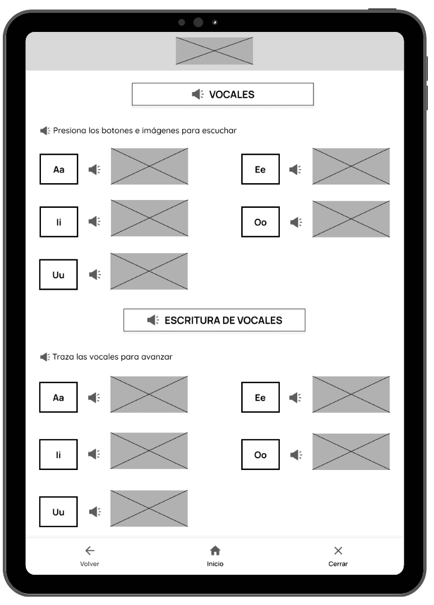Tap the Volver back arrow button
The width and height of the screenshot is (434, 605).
click(x=90, y=551)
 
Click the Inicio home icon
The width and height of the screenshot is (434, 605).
click(x=215, y=551)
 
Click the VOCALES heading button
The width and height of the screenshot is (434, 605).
click(x=223, y=94)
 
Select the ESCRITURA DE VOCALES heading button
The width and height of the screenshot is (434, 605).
click(x=214, y=320)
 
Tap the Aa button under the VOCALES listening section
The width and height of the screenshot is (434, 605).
click(x=59, y=169)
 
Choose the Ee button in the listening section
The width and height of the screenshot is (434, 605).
click(x=260, y=169)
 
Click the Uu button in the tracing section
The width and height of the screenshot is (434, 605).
click(x=58, y=511)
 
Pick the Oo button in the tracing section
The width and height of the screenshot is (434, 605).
click(x=260, y=454)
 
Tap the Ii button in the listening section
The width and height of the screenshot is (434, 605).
click(x=59, y=222)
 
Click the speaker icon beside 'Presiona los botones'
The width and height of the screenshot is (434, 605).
click(x=45, y=131)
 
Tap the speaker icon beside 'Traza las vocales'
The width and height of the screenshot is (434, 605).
click(x=45, y=357)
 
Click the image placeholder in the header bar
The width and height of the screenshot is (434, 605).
click(x=214, y=51)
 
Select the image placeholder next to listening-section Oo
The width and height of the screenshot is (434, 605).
click(x=351, y=219)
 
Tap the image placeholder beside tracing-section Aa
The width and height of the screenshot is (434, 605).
click(x=149, y=394)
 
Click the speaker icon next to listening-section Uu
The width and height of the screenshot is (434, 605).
click(x=95, y=274)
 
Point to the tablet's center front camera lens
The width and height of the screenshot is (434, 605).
click(x=198, y=22)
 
